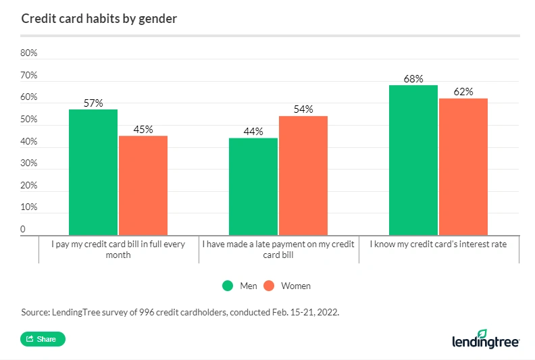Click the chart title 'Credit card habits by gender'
99,19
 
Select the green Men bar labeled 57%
93,172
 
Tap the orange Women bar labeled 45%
143,185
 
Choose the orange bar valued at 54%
303,175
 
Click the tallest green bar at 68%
413,160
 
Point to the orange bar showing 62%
463,167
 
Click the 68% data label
413,79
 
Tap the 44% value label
253,132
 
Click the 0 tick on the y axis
23,230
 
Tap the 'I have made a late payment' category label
278,249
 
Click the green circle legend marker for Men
228,286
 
